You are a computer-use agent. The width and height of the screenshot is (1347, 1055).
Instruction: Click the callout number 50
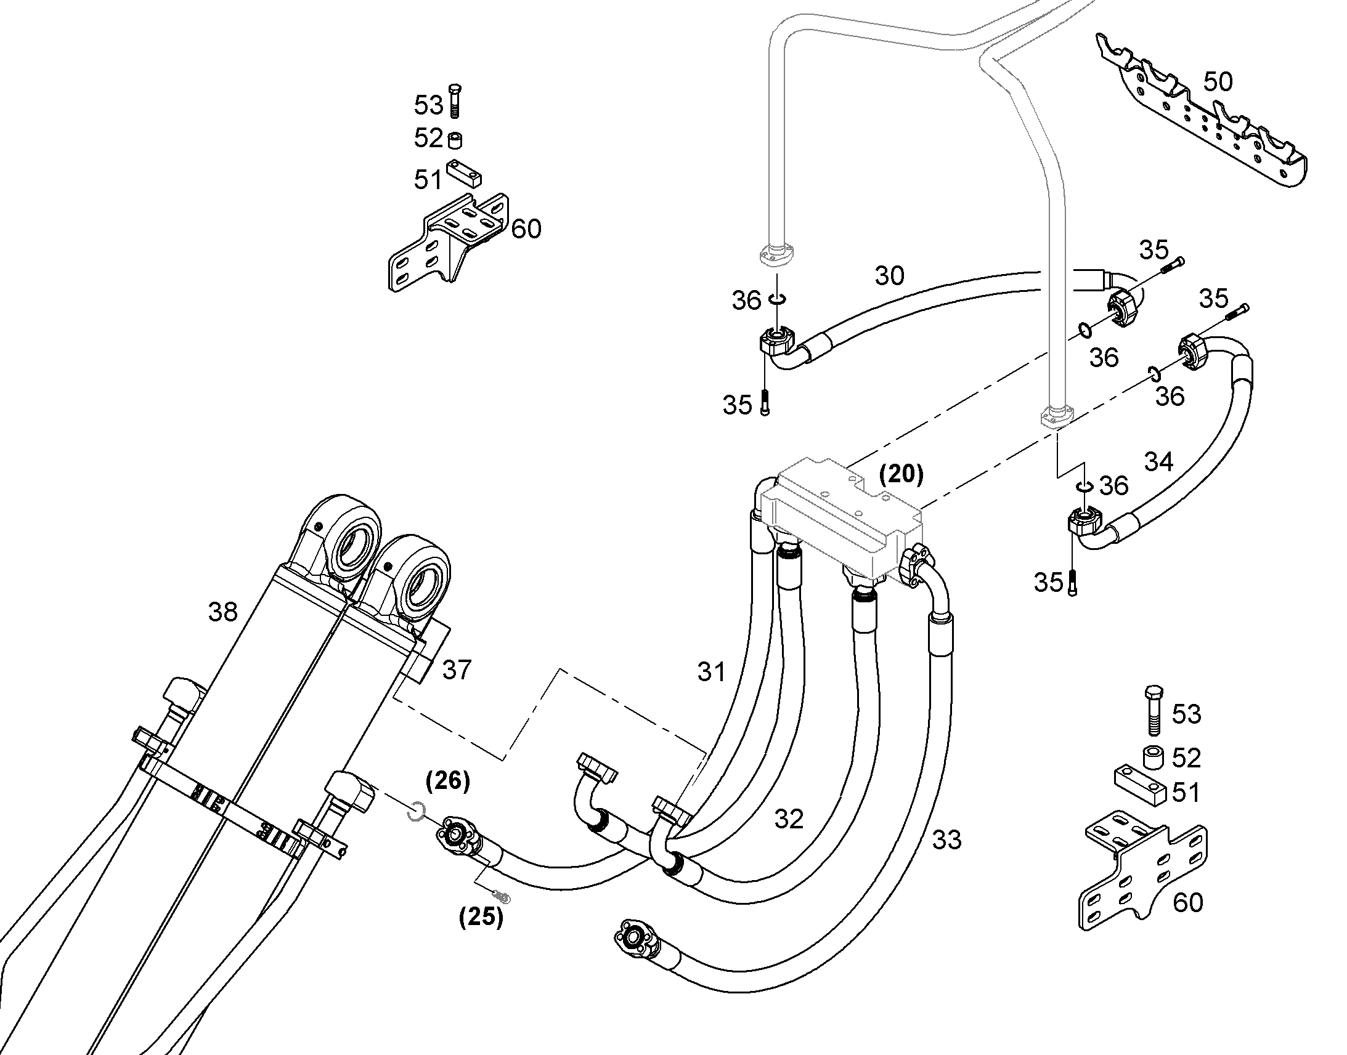(x=1217, y=82)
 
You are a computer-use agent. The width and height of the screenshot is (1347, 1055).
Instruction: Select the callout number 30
(x=889, y=276)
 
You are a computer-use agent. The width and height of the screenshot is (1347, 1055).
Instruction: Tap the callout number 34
(x=1158, y=461)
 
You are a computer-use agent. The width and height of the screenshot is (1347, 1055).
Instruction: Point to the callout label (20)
(x=901, y=474)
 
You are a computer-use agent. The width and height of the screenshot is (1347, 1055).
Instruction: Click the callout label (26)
(x=448, y=781)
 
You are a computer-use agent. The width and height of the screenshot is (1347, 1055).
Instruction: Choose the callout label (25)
(x=481, y=917)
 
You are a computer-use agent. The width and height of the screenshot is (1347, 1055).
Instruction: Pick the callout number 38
(x=222, y=612)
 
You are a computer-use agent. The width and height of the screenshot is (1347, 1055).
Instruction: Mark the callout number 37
(x=457, y=669)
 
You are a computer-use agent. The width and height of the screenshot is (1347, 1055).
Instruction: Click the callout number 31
(x=712, y=672)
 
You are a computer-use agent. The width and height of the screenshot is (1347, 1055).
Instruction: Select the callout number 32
(x=789, y=820)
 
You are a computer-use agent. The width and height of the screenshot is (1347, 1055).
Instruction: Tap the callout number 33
(x=946, y=840)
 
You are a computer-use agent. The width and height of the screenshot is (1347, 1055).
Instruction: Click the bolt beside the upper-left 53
(x=455, y=100)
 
